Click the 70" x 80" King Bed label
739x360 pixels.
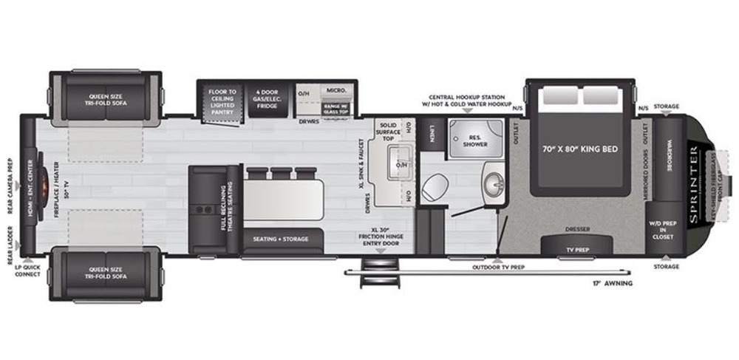click(x=580, y=149)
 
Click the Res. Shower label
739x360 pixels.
click(x=476, y=141)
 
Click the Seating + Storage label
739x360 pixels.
click(x=280, y=239)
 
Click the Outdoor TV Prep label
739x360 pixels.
click(x=498, y=266)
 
